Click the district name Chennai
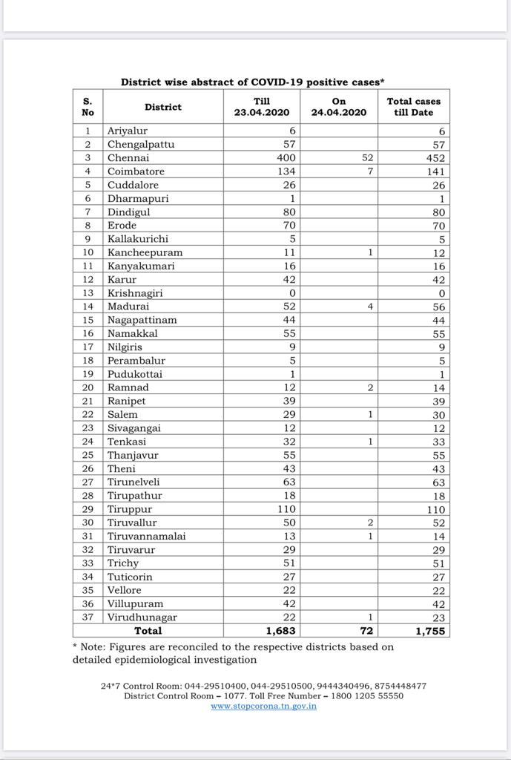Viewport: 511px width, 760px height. click(x=128, y=158)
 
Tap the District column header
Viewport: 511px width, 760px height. click(x=163, y=107)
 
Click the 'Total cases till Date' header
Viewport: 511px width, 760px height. click(x=413, y=107)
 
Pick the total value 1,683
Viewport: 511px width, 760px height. click(x=280, y=631)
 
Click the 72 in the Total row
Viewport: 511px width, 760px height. click(x=366, y=631)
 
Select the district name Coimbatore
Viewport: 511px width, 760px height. click(x=136, y=171)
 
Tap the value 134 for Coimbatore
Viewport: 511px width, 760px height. click(x=286, y=171)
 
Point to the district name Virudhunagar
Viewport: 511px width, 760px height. click(x=142, y=617)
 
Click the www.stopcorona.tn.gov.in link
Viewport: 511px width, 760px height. click(x=263, y=706)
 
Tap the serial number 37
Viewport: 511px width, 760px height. click(x=88, y=617)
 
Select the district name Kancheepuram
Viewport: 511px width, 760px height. click(x=145, y=252)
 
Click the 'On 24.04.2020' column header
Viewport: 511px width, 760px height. click(x=339, y=107)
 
